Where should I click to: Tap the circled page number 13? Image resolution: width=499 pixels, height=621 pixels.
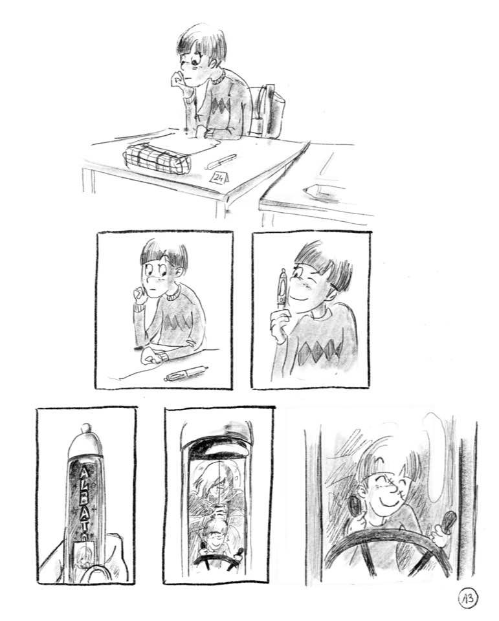click(x=468, y=598)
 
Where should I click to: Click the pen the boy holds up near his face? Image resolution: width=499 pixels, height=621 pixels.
click(x=283, y=291)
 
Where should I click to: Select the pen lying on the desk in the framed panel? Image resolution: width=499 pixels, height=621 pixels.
click(x=186, y=373)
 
